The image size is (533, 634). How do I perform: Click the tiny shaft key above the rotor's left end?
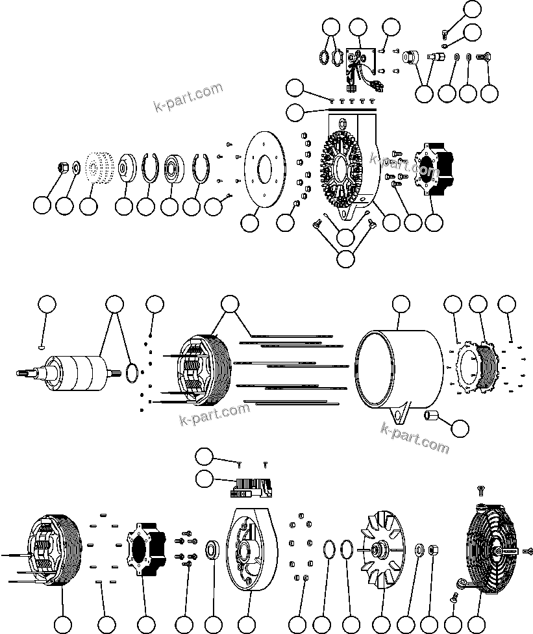pyautogui.click(x=42, y=348)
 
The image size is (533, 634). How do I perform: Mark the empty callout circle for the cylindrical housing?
pyautogui.click(x=401, y=305)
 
